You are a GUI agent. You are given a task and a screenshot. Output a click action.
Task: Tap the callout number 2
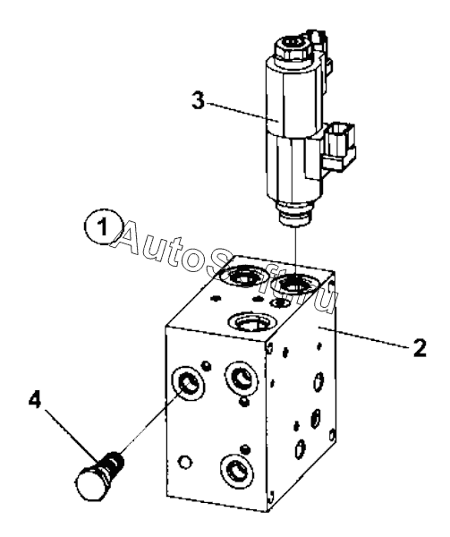click(x=420, y=348)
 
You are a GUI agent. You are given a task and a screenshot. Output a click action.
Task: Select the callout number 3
click(x=199, y=100)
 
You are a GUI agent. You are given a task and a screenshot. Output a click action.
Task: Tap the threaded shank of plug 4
click(x=112, y=464)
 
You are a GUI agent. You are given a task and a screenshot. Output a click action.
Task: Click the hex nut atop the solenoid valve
click(x=293, y=48)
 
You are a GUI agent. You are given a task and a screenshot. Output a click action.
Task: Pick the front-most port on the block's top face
click(x=253, y=322)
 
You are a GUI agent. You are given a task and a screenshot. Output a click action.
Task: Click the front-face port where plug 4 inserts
click(x=190, y=383)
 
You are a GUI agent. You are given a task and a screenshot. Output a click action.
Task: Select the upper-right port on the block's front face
click(x=241, y=379)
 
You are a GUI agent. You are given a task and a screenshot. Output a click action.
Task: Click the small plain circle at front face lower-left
click(x=185, y=463)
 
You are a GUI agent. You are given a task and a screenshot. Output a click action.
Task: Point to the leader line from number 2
click(x=364, y=337)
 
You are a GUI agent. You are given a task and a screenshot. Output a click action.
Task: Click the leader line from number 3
click(x=242, y=112)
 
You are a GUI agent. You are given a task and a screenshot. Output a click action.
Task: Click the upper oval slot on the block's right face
click(x=318, y=381)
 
